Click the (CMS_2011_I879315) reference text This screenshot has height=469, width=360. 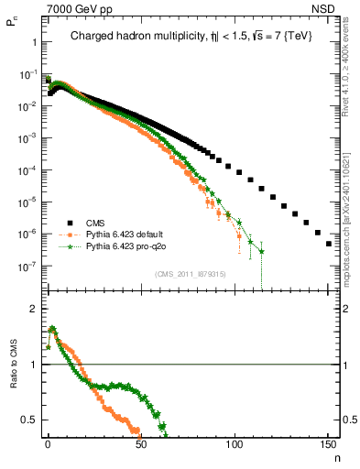point(191,274)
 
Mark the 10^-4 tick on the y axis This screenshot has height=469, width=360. point(27,170)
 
